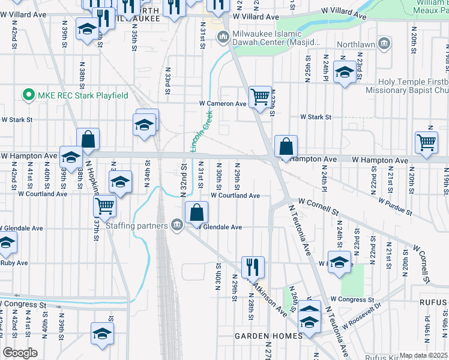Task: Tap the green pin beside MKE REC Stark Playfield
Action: click(x=27, y=95)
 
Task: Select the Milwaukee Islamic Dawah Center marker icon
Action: click(x=223, y=38)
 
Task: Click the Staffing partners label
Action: click(x=137, y=226)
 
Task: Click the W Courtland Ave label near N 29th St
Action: click(x=235, y=196)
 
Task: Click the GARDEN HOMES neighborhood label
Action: click(x=268, y=336)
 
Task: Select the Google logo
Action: click(x=20, y=353)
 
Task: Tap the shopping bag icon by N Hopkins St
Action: click(x=88, y=139)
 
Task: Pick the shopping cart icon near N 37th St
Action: click(x=105, y=206)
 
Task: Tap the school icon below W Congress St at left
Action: click(x=102, y=334)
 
